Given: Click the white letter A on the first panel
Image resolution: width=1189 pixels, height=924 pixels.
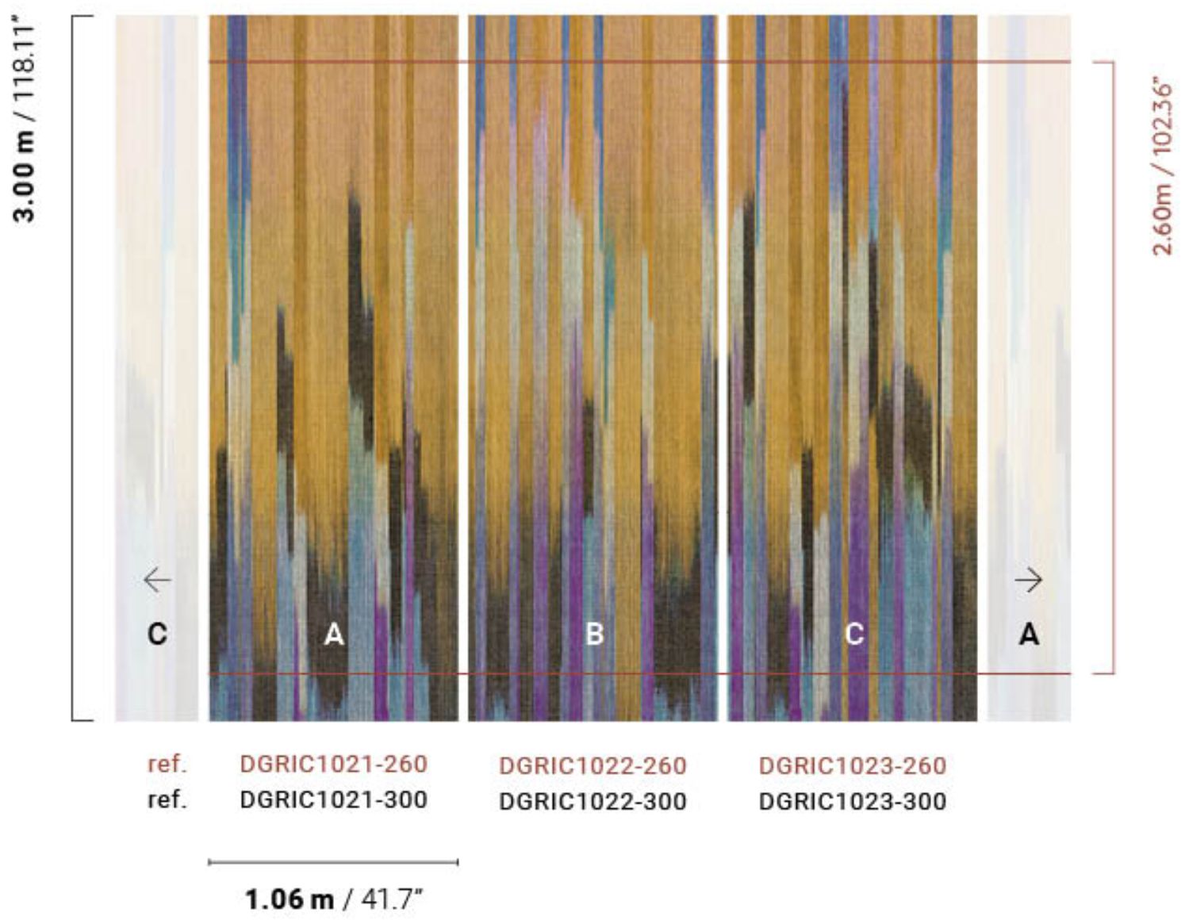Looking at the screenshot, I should click(x=334, y=635).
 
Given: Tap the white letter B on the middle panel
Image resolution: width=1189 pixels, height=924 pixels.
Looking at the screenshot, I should click(x=594, y=635).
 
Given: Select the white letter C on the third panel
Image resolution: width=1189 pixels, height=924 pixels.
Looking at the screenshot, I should click(x=853, y=635).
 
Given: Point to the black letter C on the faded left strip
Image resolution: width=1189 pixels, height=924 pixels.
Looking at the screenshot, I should click(x=157, y=635).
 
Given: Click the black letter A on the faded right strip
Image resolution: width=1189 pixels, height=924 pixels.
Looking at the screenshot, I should click(x=1029, y=635).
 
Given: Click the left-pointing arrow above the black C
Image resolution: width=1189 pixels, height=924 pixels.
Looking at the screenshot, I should click(x=157, y=581).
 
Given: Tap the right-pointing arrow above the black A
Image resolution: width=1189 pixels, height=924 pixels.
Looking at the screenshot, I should click(x=1029, y=581).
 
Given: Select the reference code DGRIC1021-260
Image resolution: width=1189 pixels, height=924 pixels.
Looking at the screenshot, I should click(x=333, y=764).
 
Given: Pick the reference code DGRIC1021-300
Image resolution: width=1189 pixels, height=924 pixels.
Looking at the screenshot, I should click(x=333, y=799).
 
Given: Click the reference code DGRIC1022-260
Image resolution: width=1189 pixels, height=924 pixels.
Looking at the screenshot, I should click(x=593, y=766).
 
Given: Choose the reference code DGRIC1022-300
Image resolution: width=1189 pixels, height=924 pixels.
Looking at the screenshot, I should click(x=593, y=801).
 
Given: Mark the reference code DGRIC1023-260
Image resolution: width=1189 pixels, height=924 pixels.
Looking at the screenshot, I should click(x=853, y=766).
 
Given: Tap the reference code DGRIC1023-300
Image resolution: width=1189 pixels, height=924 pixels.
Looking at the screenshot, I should click(x=853, y=801).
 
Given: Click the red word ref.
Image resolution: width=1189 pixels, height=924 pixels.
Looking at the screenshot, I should click(x=167, y=765).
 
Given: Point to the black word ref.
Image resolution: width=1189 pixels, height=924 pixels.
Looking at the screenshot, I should click(x=167, y=799).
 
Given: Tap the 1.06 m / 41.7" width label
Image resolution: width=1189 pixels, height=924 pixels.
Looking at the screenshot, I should click(x=333, y=899).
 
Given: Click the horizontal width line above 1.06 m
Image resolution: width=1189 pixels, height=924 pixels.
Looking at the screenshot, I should click(x=333, y=861).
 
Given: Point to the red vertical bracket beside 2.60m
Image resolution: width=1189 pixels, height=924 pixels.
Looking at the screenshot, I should click(x=1113, y=368).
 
